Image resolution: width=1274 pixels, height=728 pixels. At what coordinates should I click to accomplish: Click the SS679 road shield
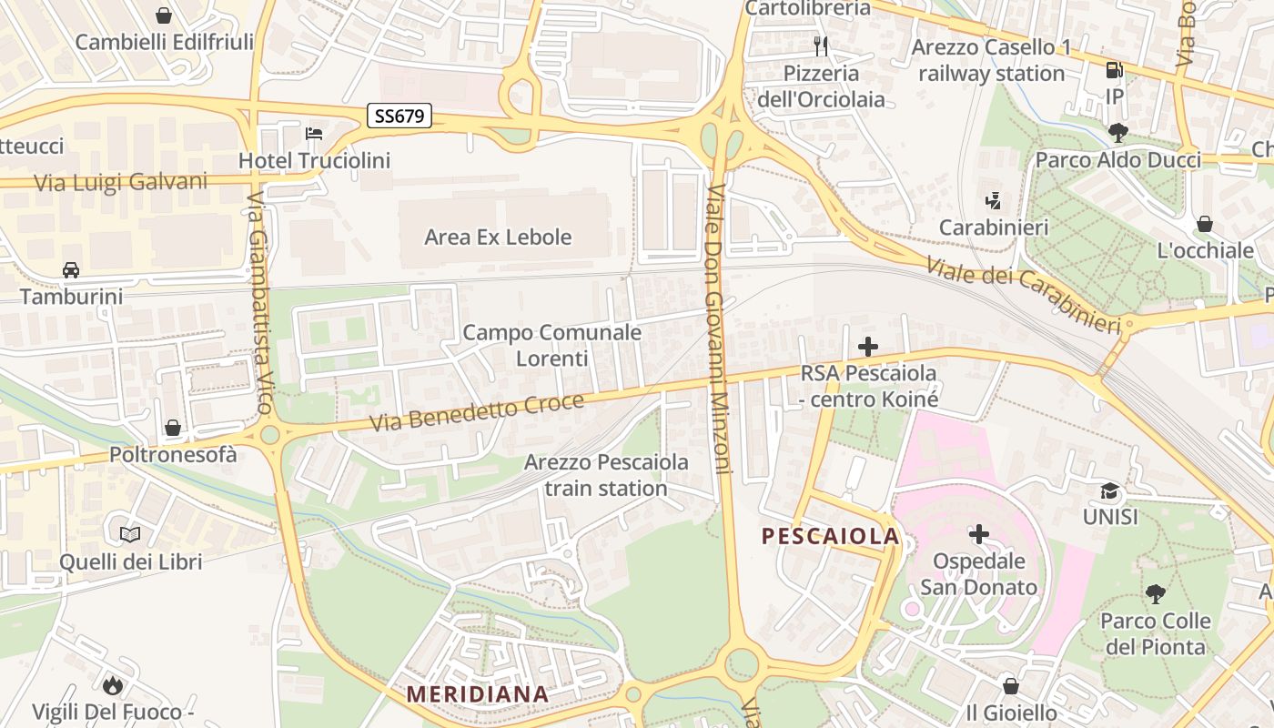(x=399, y=116)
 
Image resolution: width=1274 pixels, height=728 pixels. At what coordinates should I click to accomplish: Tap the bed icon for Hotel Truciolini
(x=314, y=134)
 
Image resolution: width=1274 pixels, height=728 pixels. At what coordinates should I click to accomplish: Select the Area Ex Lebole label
(x=498, y=238)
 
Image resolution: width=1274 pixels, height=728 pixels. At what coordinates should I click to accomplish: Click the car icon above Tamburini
(x=71, y=269)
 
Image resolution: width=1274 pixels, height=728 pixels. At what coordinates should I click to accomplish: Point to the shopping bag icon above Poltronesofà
(x=173, y=427)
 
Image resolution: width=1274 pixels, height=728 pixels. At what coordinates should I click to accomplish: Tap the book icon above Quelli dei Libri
(x=130, y=534)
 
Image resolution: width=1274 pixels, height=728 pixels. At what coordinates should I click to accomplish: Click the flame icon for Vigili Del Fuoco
(x=113, y=684)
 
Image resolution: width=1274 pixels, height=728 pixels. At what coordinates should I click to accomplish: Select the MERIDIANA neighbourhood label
(x=478, y=694)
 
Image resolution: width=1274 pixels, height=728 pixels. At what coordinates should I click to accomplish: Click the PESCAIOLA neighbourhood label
(x=831, y=536)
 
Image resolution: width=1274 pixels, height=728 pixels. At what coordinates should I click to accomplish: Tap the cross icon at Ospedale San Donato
(x=979, y=534)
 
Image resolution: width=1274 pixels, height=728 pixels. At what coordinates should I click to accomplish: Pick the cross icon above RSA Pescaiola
(x=868, y=347)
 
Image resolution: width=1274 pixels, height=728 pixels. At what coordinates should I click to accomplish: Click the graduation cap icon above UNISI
(x=1110, y=491)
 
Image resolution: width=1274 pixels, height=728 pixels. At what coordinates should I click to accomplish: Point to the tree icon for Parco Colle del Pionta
(x=1156, y=595)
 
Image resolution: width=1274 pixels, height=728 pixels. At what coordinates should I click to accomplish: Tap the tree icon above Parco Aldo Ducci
(x=1118, y=134)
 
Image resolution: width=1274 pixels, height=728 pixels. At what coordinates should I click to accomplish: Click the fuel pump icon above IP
(x=1114, y=70)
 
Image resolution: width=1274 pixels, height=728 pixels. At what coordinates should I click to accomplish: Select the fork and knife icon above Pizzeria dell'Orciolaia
(x=822, y=46)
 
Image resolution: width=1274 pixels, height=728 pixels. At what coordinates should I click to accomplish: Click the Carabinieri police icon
(x=993, y=200)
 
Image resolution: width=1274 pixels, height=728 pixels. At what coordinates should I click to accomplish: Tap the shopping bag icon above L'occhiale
(x=1205, y=224)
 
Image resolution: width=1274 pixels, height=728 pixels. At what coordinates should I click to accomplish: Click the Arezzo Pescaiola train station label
(x=606, y=475)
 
